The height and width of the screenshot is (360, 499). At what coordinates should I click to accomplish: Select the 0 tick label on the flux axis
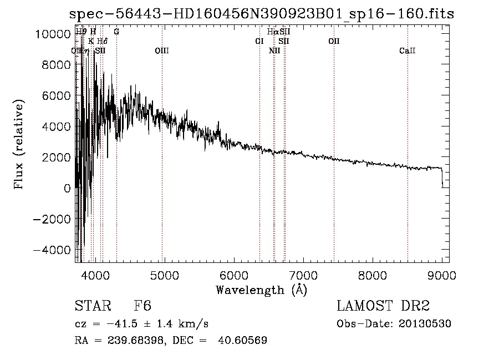tap(67, 189)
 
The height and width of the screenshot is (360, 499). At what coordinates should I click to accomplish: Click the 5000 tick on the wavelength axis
tap(164, 273)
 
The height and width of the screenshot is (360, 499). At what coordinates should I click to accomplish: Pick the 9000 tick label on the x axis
tap(442, 273)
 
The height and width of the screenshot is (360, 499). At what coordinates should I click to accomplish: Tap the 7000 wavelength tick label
tap(303, 273)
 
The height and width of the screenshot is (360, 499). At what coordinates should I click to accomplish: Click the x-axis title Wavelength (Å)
tap(261, 289)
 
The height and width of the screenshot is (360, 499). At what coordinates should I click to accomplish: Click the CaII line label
tap(407, 51)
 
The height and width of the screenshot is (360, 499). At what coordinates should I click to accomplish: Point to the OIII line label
tap(162, 51)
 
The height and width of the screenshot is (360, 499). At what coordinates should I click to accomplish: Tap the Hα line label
tap(272, 32)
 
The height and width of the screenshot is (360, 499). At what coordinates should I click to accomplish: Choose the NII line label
tap(274, 51)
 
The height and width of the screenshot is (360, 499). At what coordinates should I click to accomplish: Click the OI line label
tap(259, 41)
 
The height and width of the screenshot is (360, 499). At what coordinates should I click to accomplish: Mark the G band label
tap(116, 32)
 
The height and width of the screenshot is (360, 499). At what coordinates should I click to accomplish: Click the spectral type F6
tap(142, 306)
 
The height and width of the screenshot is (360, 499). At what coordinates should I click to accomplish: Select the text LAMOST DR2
tap(383, 306)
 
